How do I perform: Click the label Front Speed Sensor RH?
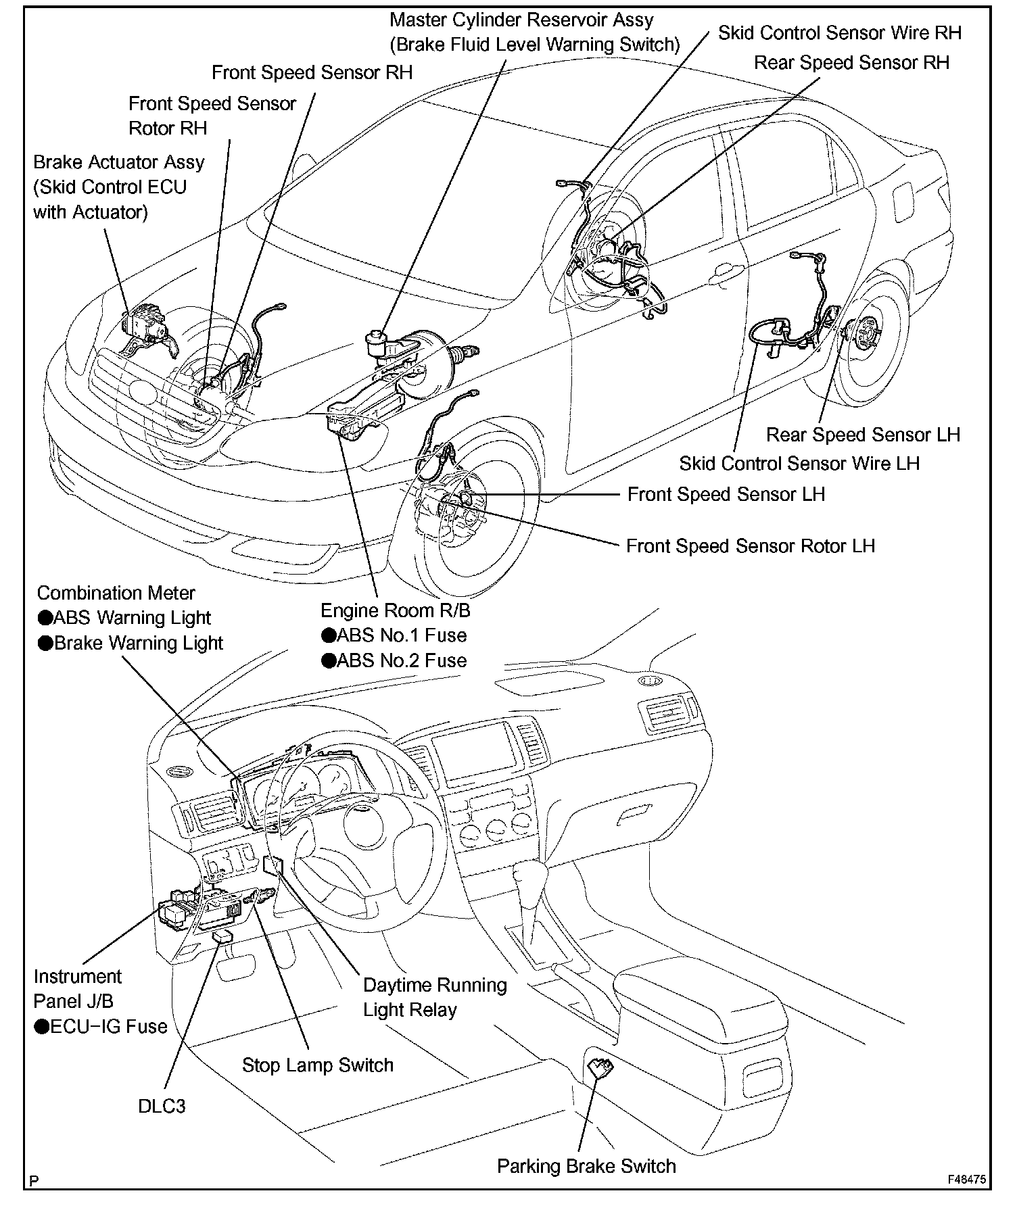(312, 72)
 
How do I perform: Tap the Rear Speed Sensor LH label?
(863, 435)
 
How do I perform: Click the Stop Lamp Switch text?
(318, 1065)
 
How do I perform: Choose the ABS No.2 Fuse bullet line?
(394, 660)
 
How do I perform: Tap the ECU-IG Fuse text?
(101, 1027)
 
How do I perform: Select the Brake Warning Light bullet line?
(131, 643)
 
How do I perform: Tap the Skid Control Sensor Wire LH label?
(799, 464)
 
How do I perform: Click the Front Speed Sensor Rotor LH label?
(750, 546)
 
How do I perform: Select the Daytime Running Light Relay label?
(435, 997)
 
